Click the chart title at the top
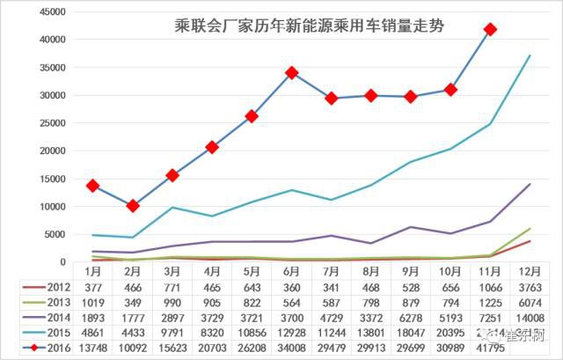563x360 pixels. pos(308,26)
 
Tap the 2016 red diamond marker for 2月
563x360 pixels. pos(132,206)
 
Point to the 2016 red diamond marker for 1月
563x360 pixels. pos(92,186)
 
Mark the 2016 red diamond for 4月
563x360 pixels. pos(212,147)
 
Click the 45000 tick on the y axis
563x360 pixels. pos(55,11)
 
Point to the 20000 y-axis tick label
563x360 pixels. pos(55,151)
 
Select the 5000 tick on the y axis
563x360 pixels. pos(57,234)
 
